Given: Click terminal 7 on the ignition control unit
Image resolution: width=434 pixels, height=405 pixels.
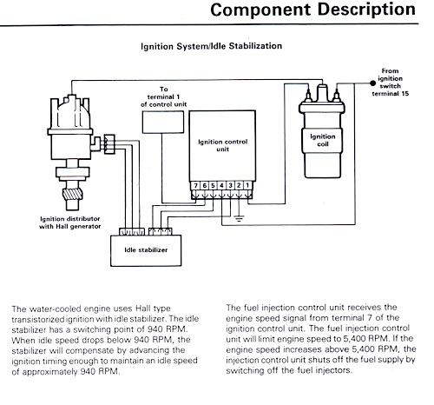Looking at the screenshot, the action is point(196,185).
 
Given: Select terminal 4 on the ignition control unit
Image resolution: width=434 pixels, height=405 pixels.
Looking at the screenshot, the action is point(221,185).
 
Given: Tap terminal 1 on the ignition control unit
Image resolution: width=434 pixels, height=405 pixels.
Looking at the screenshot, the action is point(247,185).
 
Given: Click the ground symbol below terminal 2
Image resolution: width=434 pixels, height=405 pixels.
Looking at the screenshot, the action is point(239,218).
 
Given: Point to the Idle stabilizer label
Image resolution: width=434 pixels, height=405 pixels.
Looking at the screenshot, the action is point(146,249).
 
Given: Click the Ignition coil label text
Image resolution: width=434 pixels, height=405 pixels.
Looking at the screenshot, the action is point(323,140).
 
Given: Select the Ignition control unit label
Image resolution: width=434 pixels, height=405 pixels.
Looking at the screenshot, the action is point(222,145).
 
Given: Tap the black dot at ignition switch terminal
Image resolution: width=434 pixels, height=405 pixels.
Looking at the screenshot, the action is point(372,83).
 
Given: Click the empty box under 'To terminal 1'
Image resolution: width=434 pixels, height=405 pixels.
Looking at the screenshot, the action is point(163,122).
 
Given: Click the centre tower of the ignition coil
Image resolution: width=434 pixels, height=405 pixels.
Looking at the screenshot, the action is point(322,93).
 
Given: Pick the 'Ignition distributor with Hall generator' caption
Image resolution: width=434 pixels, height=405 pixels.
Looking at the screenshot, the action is point(70,222).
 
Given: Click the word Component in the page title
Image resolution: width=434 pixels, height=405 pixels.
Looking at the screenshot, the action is point(261,10).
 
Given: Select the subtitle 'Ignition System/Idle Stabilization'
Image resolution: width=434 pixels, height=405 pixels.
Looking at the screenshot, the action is point(211,46).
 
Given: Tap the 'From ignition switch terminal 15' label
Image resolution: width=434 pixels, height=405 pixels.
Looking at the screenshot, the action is point(390,83).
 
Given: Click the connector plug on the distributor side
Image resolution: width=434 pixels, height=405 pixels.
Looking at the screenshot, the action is point(109,144).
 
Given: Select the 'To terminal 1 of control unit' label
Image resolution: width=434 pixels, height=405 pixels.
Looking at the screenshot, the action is point(164,96).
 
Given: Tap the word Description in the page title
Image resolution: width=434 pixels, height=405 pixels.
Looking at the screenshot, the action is point(366,10).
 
